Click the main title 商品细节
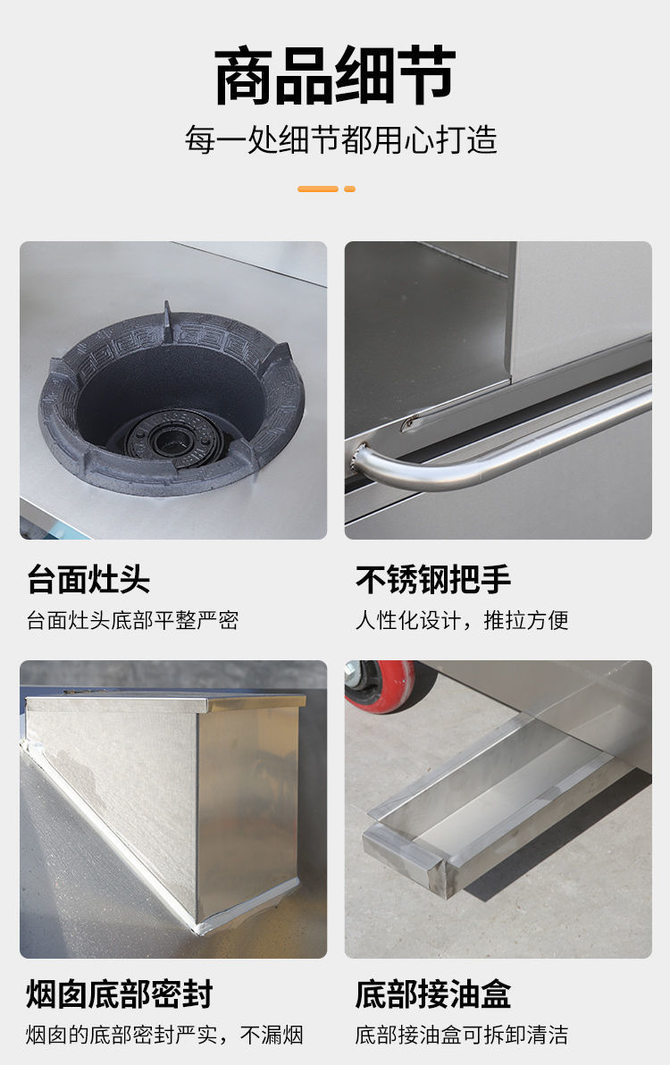coord(335,75)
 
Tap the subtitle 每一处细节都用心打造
coord(340,140)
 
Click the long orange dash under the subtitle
coord(318,189)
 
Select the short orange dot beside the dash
coord(349,189)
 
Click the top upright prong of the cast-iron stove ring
coord(167,315)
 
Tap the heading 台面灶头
coord(88,579)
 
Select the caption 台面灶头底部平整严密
coord(132,620)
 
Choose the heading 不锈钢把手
coord(433,579)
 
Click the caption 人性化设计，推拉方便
coord(462,620)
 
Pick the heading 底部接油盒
coord(433,994)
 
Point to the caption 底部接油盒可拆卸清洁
coord(462,1036)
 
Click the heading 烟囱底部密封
coord(120,994)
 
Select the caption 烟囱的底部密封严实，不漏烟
coord(164,1036)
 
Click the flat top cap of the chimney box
coord(165,701)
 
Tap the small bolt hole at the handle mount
coord(408,425)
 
